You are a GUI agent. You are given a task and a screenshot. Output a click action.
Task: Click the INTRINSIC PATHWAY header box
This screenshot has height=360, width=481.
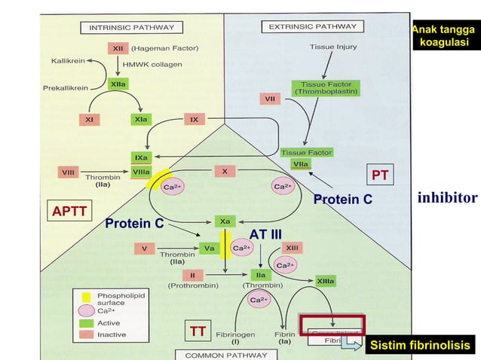coord(132,28)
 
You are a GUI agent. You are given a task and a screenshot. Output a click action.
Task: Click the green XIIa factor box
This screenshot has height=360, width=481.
coord(118,84)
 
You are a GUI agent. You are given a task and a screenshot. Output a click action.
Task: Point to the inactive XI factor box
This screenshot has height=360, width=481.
coord(88,119)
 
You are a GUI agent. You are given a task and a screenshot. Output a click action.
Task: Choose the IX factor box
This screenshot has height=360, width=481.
coord(194,119)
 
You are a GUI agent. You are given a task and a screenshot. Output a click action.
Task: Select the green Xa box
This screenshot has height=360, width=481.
coord(225,221)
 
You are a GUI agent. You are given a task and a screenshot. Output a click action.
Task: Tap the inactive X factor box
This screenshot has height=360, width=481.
coord(225,171)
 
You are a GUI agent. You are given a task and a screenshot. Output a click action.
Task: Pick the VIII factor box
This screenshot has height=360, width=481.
coord(66,172)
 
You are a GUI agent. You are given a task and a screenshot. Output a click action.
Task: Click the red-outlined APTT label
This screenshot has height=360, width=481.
coord(69,212)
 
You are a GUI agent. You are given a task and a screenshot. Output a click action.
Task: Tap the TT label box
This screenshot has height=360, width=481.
coord(198,331)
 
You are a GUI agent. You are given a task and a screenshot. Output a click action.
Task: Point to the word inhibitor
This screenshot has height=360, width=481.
coord(447,198)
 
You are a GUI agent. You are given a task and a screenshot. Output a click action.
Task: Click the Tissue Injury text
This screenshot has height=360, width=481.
coord(332,47)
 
